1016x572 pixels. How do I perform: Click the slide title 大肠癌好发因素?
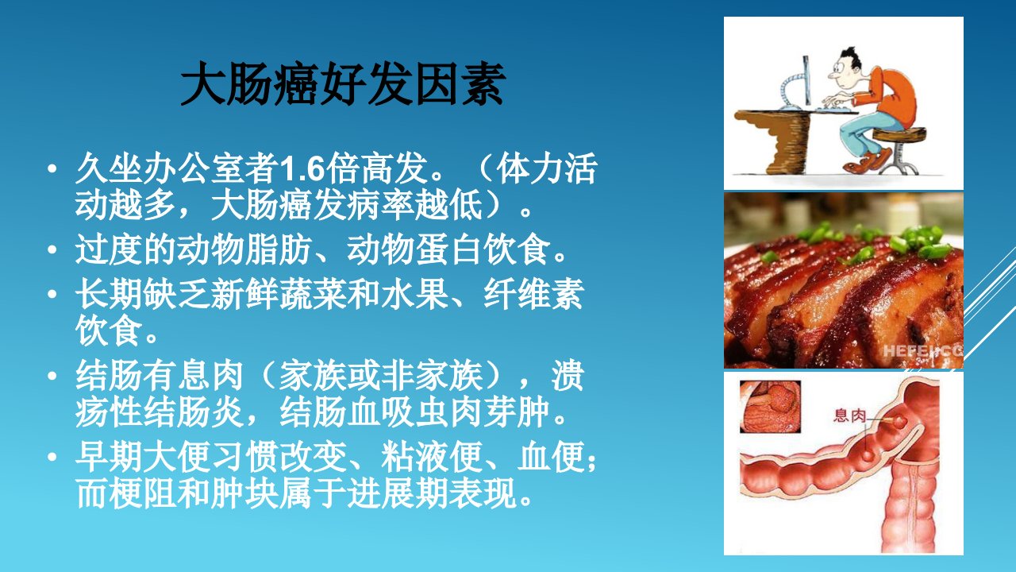pyautogui.click(x=343, y=84)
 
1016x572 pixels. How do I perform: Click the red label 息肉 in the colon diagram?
pyautogui.click(x=849, y=415)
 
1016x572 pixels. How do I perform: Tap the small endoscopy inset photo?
pyautogui.click(x=770, y=406)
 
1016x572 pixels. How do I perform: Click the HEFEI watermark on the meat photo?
pyautogui.click(x=923, y=351)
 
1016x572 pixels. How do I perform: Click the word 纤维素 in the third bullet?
pyautogui.click(x=533, y=294)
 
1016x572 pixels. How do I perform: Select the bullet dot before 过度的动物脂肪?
pyautogui.click(x=52, y=249)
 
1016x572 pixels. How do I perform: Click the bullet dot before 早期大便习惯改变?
pyautogui.click(x=52, y=456)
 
